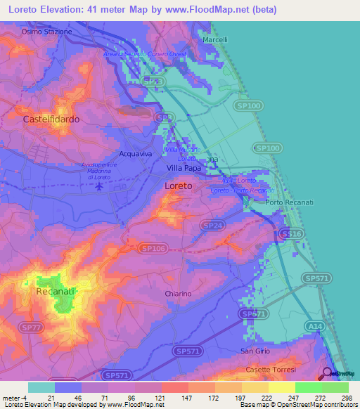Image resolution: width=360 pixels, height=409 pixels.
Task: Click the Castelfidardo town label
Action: (51, 119)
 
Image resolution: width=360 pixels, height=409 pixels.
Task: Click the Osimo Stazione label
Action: (47, 32)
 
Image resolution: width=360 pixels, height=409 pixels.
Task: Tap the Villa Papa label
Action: (185, 169)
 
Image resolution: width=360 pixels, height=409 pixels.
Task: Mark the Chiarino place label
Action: (178, 294)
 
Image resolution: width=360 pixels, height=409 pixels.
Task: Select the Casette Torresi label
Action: (271, 369)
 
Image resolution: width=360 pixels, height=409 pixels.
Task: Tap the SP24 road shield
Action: (212, 226)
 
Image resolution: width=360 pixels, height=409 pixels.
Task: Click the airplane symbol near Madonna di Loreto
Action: (100, 187)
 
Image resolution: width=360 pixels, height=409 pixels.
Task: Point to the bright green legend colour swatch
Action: (308, 387)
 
